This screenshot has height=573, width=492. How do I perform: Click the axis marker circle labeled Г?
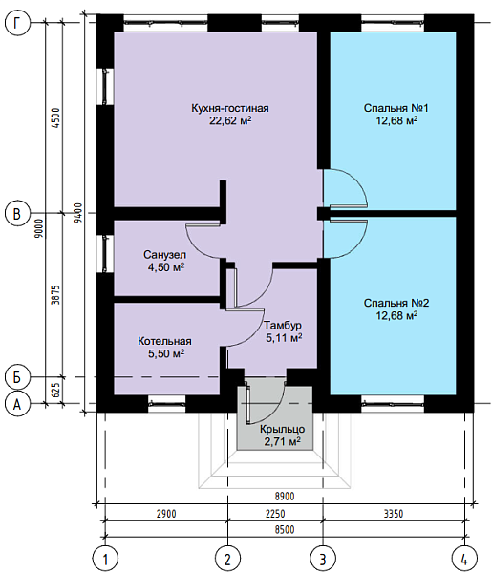pos(17,23)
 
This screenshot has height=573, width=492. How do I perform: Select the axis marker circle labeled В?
pos(17,213)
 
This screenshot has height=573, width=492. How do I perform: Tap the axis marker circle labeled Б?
pos(17,377)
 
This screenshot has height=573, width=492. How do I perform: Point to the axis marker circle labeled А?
pos(17,404)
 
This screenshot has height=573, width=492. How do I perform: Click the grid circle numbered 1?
pos(105,559)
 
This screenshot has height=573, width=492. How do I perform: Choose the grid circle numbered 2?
pos(227,559)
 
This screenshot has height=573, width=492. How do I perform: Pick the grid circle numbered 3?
pos(323,559)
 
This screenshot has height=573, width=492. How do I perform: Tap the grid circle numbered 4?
pos(464,559)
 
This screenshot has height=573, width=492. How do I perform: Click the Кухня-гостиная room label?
pos(230,109)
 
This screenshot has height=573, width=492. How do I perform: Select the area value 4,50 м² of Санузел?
pos(166,267)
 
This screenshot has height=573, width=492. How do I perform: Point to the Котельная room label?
pos(164,341)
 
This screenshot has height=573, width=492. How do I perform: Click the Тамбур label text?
pos(283,326)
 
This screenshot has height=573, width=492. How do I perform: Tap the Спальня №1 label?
pos(396,108)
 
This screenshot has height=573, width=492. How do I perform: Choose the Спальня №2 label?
pos(396,303)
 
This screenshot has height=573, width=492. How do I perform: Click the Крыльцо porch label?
pos(282,429)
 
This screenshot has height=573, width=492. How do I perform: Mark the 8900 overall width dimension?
pos(285,497)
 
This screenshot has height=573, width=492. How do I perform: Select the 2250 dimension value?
pos(275,514)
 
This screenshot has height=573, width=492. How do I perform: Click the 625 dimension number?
pos(55,391)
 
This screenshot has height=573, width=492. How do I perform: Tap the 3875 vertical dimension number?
pos(55,295)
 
